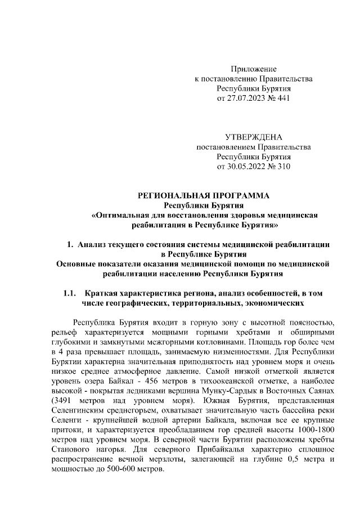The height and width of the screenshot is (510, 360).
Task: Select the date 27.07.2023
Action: tap(247, 99)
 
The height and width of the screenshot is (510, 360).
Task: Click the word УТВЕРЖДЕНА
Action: tap(254, 137)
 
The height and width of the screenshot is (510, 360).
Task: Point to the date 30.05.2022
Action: tap(246, 167)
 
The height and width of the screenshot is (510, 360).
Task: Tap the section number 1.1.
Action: tap(70, 293)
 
